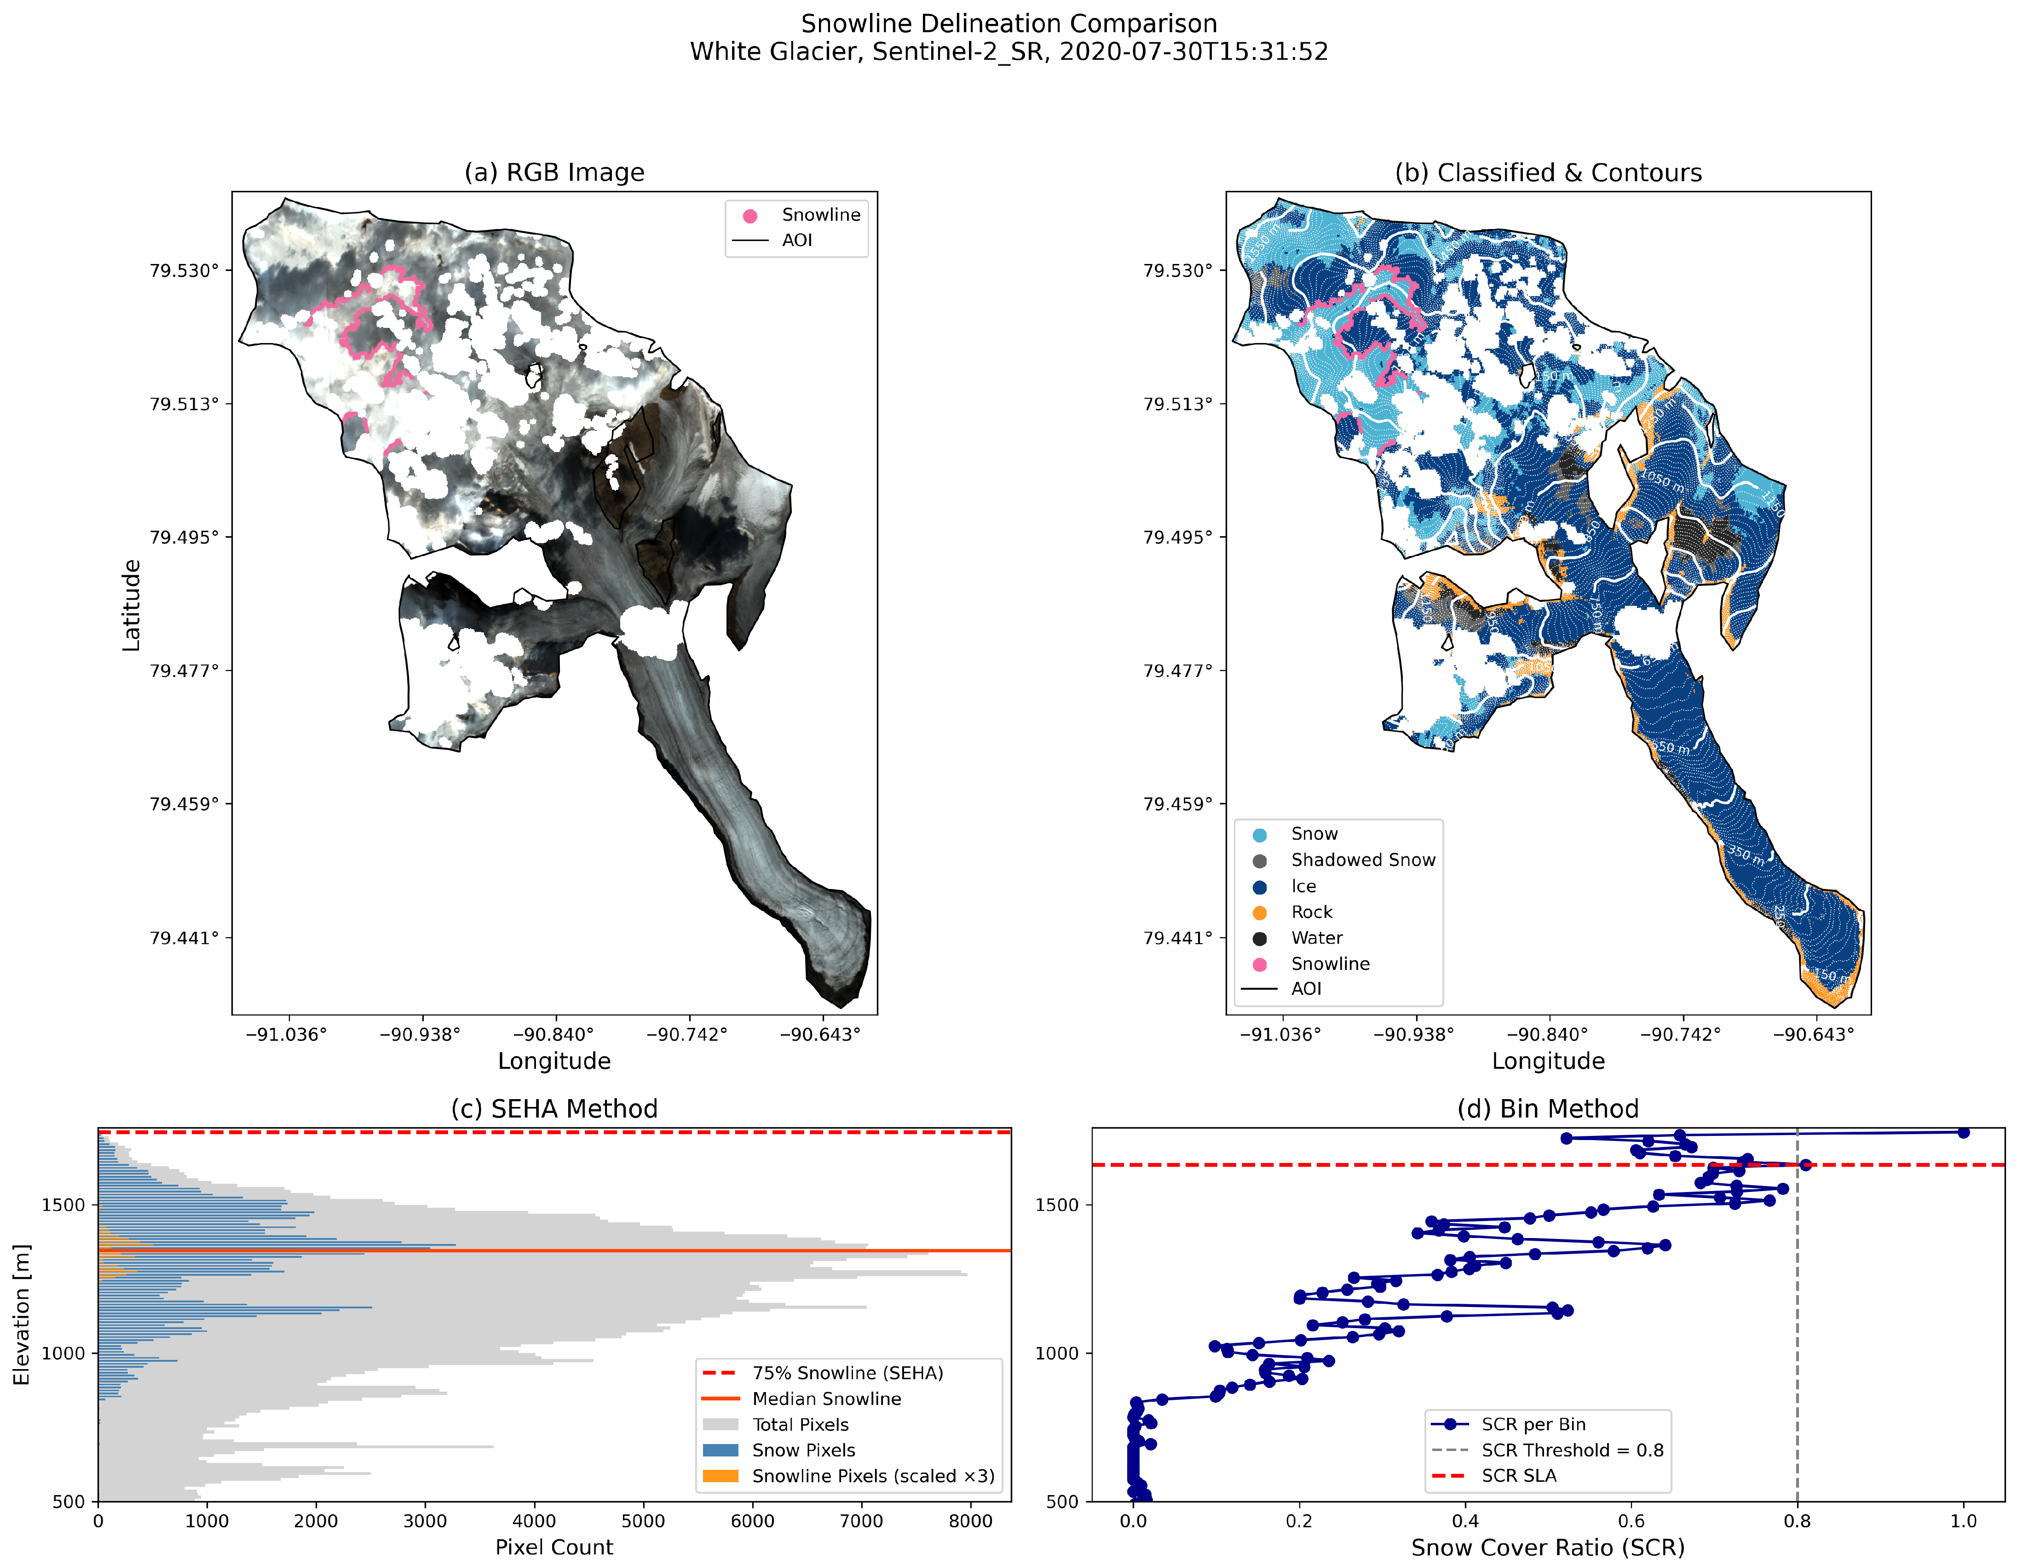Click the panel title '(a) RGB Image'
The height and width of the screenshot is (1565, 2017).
pyautogui.click(x=554, y=172)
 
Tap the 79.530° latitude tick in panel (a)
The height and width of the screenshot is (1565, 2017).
pyautogui.click(x=184, y=270)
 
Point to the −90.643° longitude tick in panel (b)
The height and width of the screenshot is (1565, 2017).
pyautogui.click(x=1813, y=1034)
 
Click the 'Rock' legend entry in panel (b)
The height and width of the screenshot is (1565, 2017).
pyautogui.click(x=1311, y=912)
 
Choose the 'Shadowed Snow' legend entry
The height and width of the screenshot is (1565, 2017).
pyautogui.click(x=1362, y=860)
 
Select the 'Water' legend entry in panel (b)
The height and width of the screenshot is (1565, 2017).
pyautogui.click(x=1316, y=938)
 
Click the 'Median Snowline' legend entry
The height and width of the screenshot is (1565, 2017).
pyautogui.click(x=826, y=1399)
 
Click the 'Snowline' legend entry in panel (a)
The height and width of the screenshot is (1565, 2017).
pyautogui.click(x=820, y=215)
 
